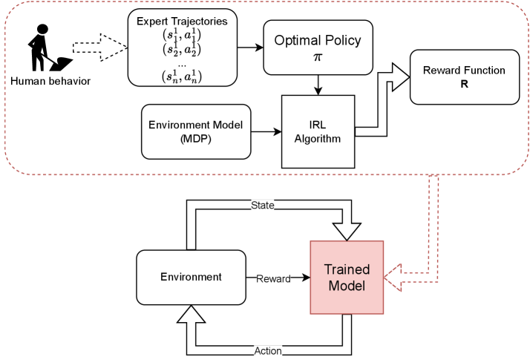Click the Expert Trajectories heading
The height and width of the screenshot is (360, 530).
pyautogui.click(x=182, y=21)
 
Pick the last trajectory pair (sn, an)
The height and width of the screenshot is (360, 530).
pyautogui.click(x=182, y=75)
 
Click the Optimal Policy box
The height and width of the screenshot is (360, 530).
pyautogui.click(x=318, y=47)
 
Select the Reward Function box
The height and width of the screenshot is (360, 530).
pyautogui.click(x=464, y=77)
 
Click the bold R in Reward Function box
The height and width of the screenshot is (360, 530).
pyautogui.click(x=464, y=84)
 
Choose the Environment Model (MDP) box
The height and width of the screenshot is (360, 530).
pyautogui.click(x=196, y=131)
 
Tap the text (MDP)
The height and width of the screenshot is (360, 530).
pyautogui.click(x=196, y=138)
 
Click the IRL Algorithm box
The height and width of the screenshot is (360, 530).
pyautogui.click(x=318, y=131)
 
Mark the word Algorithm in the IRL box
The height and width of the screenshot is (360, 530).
pyautogui.click(x=318, y=139)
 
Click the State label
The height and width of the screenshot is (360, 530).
pyautogui.click(x=263, y=206)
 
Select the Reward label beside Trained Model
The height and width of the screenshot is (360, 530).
pyautogui.click(x=273, y=279)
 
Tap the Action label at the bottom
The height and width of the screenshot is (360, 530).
pyautogui.click(x=268, y=350)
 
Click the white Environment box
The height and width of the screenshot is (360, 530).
pyautogui.click(x=192, y=277)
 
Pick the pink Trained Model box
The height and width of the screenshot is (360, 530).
pyautogui.click(x=347, y=277)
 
